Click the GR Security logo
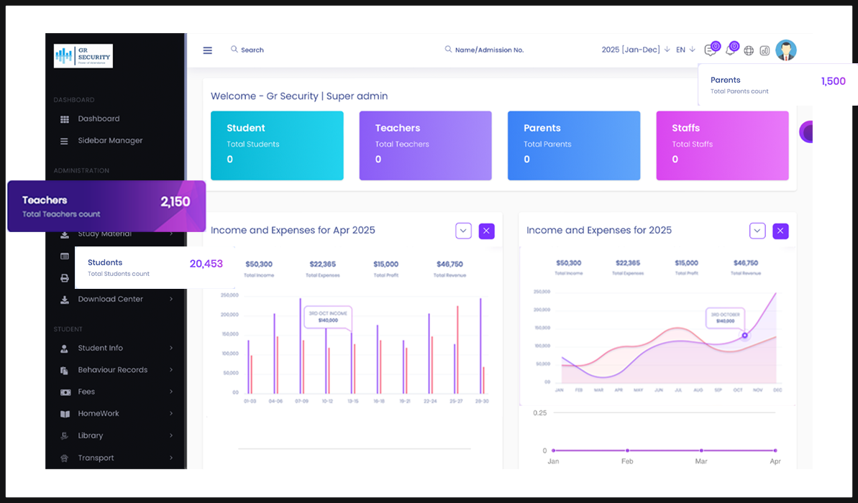[83, 56]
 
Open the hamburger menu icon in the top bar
[208, 50]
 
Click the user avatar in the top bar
[786, 50]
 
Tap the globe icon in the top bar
[749, 50]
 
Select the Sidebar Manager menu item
[110, 141]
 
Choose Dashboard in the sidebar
[99, 119]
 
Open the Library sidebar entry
[91, 435]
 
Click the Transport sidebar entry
[96, 458]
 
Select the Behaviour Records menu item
[112, 370]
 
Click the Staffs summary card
[722, 145]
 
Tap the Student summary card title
[246, 128]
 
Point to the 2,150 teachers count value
[175, 202]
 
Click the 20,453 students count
[206, 264]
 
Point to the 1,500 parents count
[834, 81]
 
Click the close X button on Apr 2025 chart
[486, 231]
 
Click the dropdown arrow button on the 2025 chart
[757, 231]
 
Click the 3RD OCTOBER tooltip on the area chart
[725, 318]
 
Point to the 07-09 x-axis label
[301, 401]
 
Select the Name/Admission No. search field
[489, 50]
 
